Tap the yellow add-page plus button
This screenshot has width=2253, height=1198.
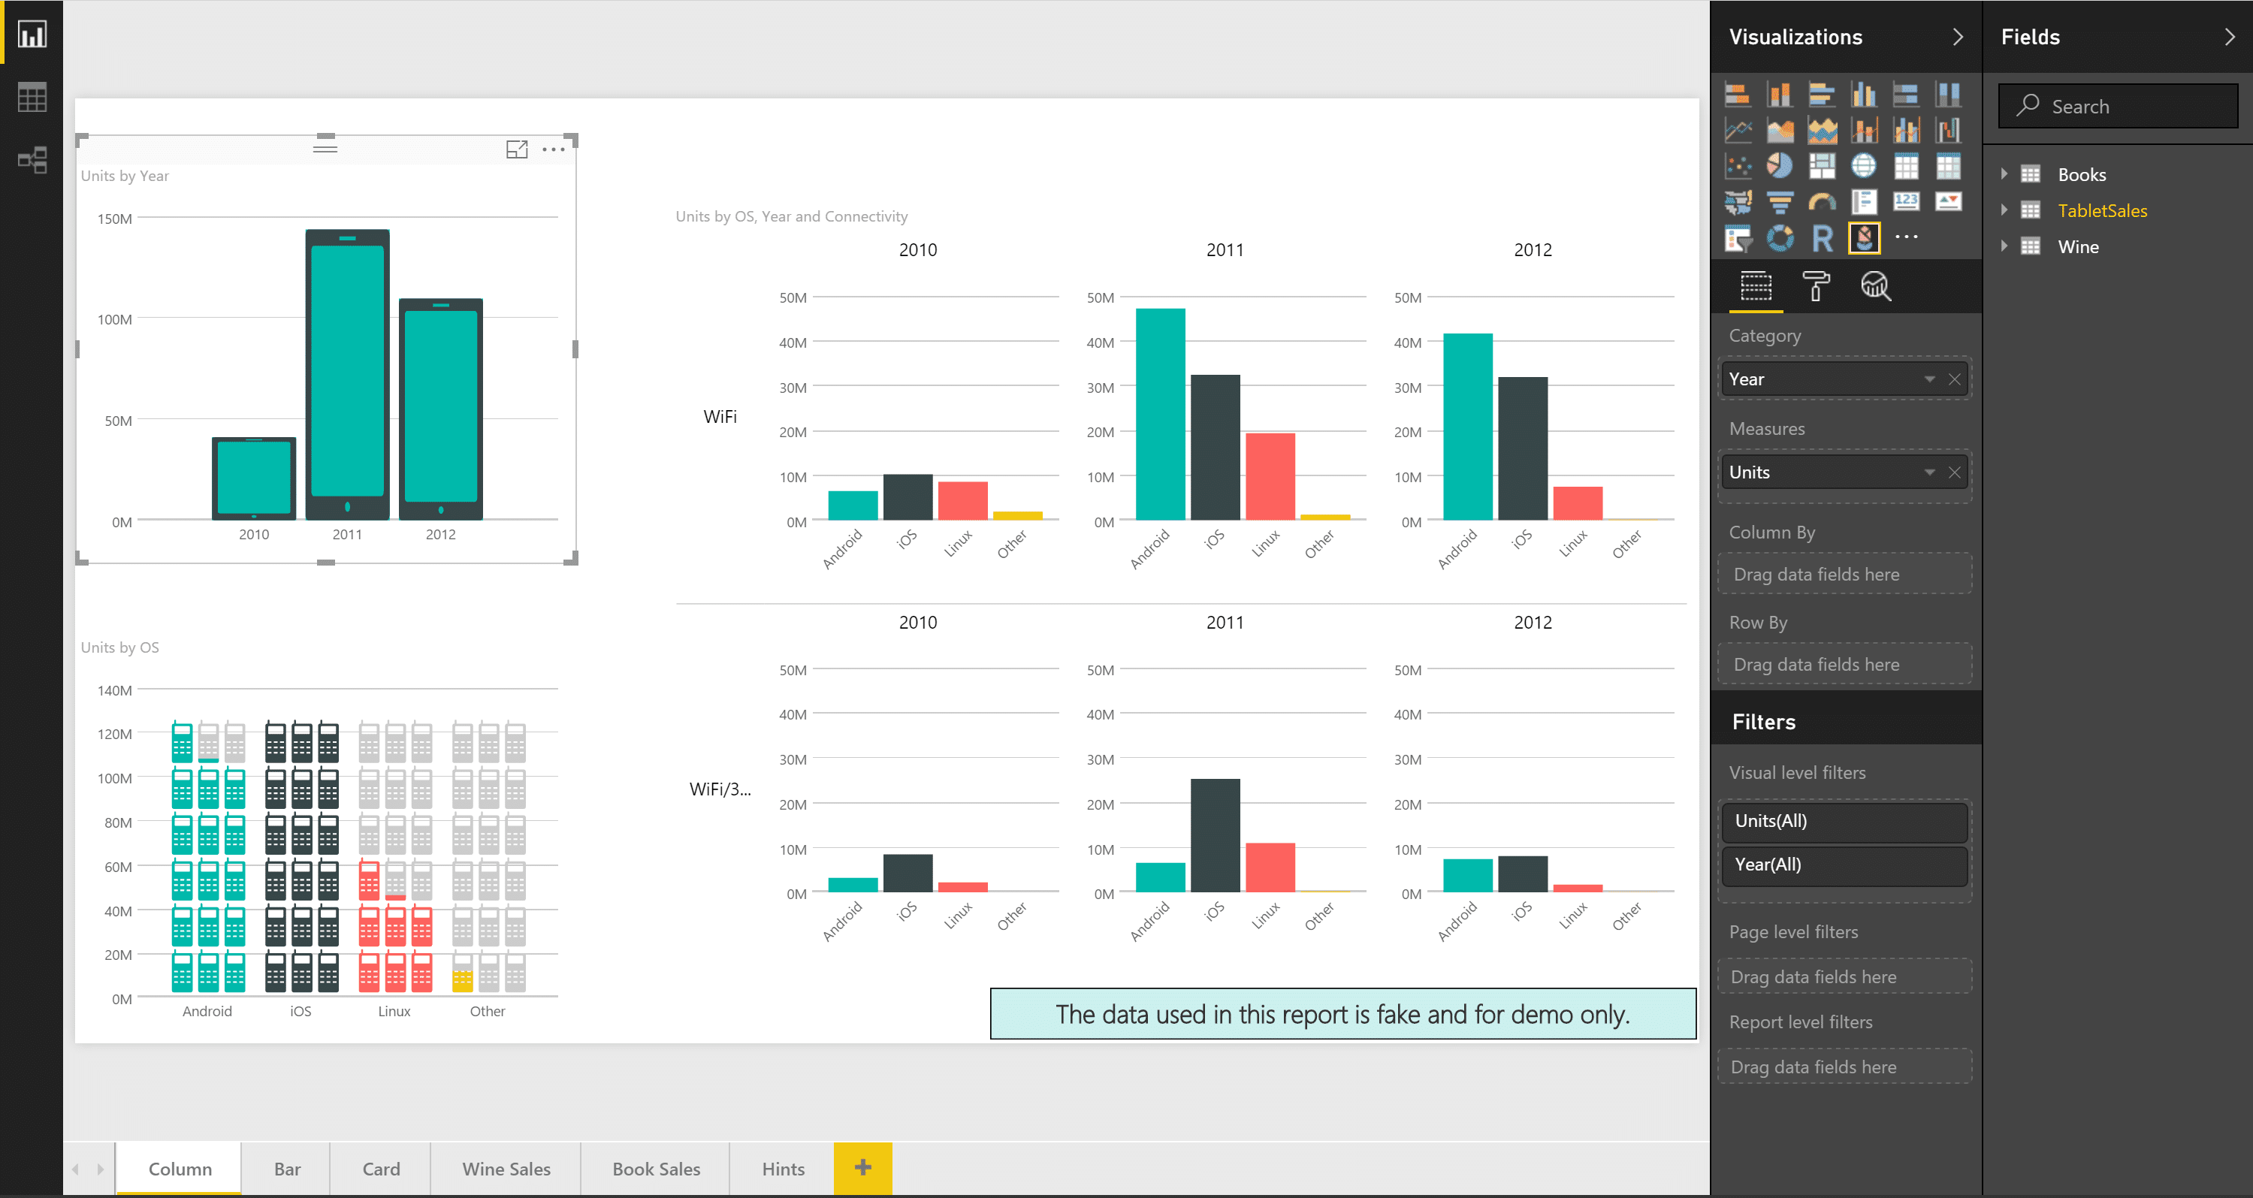pos(862,1167)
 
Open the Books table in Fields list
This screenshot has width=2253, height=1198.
pos(2081,174)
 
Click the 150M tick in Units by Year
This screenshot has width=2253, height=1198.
pos(116,219)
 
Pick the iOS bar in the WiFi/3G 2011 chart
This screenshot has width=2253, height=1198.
pos(1215,834)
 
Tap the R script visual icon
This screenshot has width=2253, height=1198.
pos(1822,238)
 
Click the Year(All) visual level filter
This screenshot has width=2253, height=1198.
pos(1844,864)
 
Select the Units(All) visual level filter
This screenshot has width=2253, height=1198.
pos(1844,820)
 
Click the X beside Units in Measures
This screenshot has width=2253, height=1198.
pos(1954,472)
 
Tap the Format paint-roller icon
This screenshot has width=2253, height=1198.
pos(1816,286)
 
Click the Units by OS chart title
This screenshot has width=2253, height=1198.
pos(119,647)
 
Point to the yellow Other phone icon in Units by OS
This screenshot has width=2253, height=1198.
pos(462,980)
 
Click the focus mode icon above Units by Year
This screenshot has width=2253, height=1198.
pos(517,149)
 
